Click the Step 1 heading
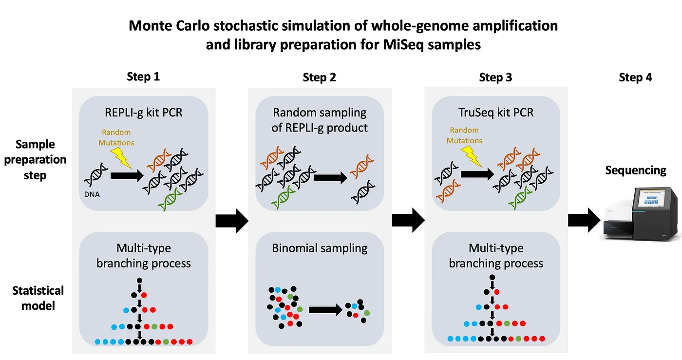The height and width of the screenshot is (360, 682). pos(143,76)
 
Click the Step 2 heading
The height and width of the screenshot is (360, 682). pos(319,77)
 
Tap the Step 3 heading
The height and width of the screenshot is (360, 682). pos(495,77)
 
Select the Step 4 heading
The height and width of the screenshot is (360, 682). pos(635,77)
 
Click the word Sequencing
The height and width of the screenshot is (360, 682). pos(635,170)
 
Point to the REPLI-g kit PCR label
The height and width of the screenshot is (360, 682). pos(144,113)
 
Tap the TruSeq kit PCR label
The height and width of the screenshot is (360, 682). pos(496,113)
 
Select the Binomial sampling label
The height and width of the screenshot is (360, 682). pos(320,248)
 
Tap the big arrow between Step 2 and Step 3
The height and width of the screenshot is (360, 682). pos(408,221)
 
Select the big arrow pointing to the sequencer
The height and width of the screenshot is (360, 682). pos(584,221)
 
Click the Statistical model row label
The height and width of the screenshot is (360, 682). pos(38,298)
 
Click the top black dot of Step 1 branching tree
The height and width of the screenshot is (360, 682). pos(140,281)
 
